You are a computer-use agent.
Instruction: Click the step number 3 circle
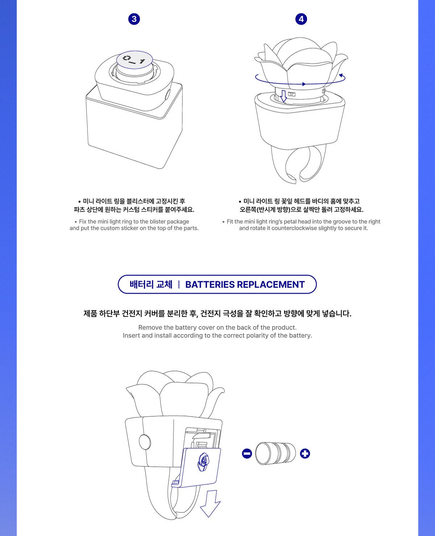(134, 19)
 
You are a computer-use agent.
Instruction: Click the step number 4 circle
(301, 19)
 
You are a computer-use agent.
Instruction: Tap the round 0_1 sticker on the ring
(134, 60)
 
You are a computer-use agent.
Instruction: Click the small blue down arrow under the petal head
(283, 96)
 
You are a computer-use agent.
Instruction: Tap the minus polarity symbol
(246, 453)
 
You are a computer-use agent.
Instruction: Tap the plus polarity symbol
(305, 453)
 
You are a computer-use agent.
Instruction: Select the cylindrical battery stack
(275, 453)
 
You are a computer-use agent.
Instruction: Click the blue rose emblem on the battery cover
(203, 462)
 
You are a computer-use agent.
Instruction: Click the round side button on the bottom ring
(145, 442)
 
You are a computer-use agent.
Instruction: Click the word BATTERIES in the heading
(210, 285)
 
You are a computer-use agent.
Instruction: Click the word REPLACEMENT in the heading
(271, 285)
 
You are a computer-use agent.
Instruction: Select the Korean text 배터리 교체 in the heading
(151, 285)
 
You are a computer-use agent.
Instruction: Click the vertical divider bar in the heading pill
(179, 285)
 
